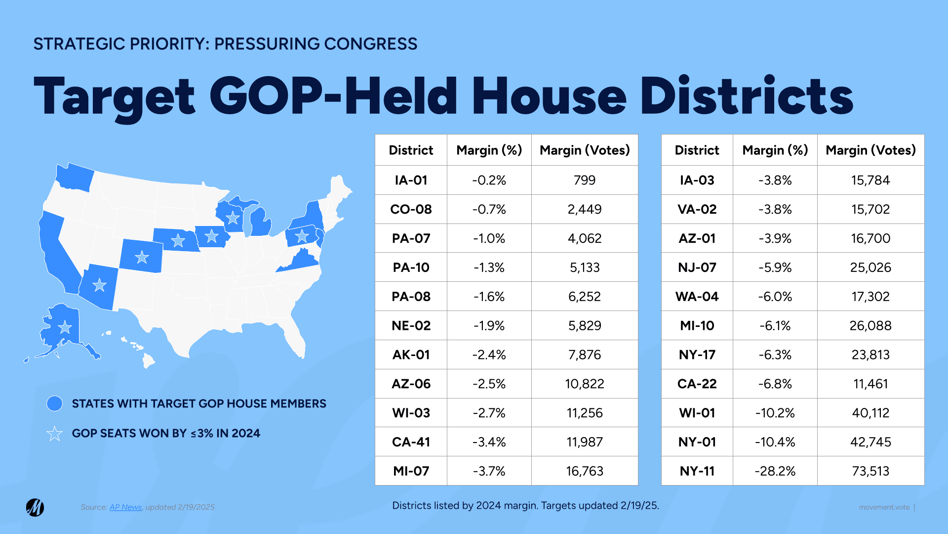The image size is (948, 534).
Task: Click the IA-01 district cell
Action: coord(411,180)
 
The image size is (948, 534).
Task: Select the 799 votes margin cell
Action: coord(585,180)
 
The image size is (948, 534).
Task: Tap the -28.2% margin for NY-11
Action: coord(775,471)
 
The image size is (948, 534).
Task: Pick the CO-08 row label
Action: coord(411,209)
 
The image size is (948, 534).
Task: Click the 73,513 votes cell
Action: coord(870,471)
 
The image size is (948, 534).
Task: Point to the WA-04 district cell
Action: coord(697,297)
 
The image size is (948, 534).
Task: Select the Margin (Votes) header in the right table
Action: coord(870,150)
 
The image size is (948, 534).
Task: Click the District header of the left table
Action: coord(411,150)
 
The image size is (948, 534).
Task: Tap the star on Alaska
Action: coord(65,327)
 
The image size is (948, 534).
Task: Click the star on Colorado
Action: coord(142,257)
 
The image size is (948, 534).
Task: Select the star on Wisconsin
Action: coord(233,217)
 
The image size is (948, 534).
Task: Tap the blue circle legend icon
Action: coord(54,403)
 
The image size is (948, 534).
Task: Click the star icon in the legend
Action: coord(54,434)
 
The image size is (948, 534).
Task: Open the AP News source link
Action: coord(125,507)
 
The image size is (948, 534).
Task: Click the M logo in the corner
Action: coord(35,507)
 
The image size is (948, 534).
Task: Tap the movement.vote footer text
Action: coord(884,507)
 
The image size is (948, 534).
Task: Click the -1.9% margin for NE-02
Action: coord(489,325)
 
